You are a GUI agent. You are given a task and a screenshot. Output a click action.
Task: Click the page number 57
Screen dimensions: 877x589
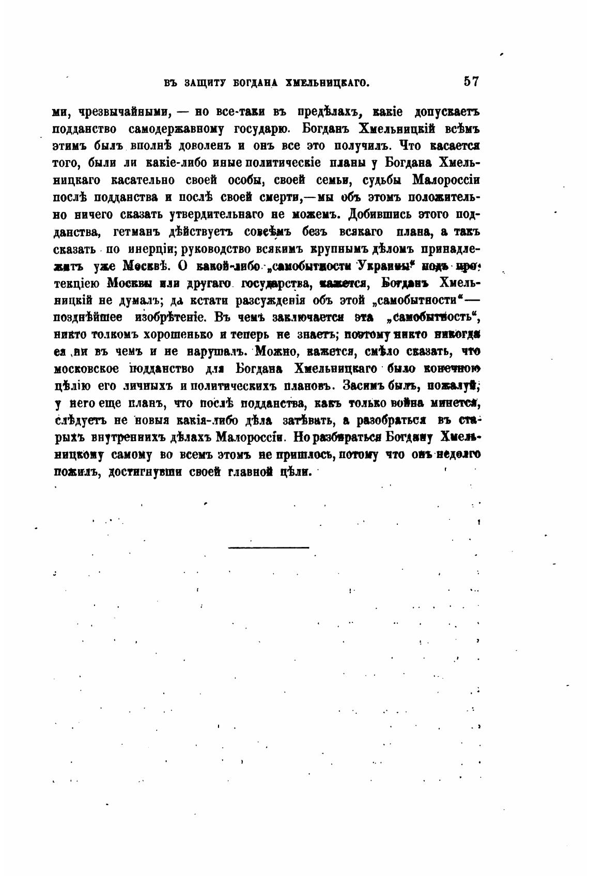[x=472, y=82]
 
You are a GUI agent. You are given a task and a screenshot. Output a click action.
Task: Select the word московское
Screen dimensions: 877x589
[x=87, y=369]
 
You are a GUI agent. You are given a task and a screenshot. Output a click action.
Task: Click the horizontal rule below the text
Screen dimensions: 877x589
[x=268, y=547]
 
